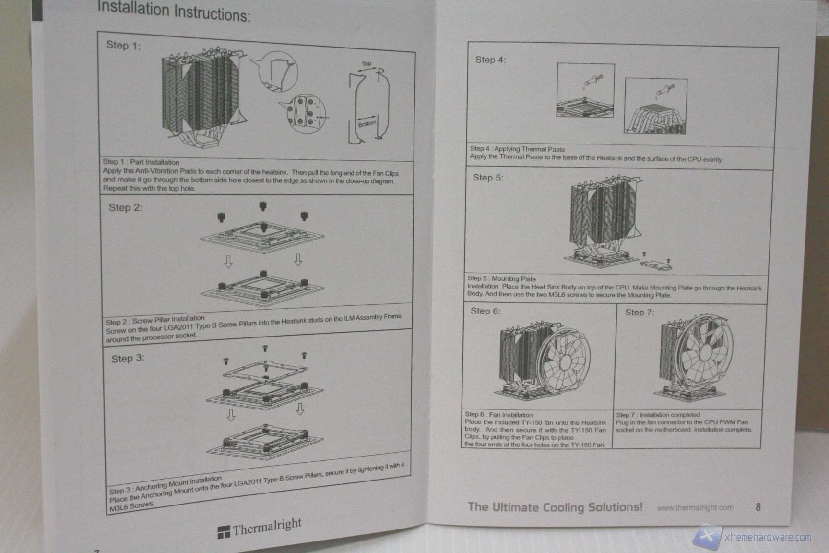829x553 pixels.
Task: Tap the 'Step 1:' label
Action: [123, 46]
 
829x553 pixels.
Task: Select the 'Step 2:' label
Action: [126, 207]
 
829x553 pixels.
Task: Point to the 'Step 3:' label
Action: [128, 359]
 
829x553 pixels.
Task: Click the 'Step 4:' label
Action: [490, 60]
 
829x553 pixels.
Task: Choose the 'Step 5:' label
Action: [488, 177]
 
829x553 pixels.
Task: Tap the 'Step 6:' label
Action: [485, 311]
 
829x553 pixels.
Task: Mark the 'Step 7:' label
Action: [640, 312]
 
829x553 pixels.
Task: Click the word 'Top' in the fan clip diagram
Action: [367, 63]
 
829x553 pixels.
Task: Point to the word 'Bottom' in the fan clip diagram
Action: [367, 124]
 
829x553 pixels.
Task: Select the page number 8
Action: [758, 506]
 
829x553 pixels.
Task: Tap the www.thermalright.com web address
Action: [695, 507]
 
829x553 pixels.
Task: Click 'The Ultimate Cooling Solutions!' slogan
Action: [555, 506]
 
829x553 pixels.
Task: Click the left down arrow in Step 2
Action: [228, 262]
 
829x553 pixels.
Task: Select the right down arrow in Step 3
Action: [300, 409]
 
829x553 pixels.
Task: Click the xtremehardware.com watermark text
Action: [767, 537]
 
